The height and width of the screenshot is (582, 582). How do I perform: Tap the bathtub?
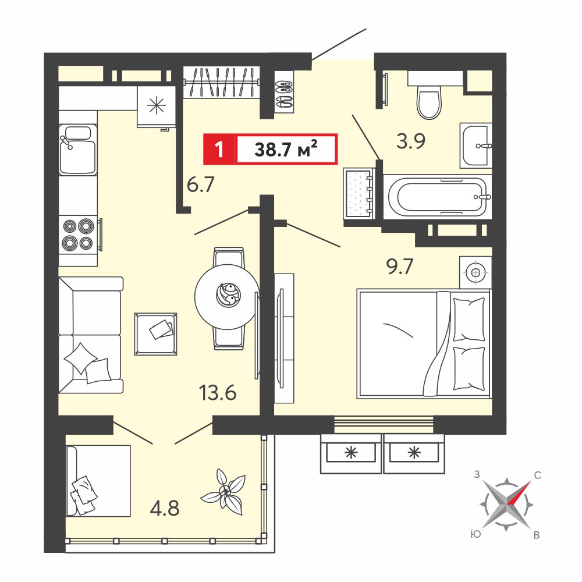tap(438, 196)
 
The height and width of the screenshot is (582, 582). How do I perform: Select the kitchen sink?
tap(78, 149)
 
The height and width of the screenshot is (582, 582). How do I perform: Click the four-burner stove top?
tap(79, 234)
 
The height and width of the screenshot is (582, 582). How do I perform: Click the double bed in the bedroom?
tap(424, 344)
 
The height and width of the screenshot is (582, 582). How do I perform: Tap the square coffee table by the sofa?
tap(155, 333)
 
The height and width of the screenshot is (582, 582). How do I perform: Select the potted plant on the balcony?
tap(223, 491)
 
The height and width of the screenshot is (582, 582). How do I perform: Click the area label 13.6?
tap(218, 392)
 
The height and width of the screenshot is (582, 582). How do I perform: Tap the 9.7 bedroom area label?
tap(400, 267)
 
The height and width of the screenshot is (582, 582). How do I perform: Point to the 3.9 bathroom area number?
tap(410, 141)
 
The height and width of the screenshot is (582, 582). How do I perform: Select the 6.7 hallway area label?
tap(200, 184)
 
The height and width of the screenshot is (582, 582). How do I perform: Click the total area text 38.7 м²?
tap(286, 149)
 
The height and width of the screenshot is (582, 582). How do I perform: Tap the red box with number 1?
tap(219, 149)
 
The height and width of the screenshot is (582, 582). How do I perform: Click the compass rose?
tap(507, 505)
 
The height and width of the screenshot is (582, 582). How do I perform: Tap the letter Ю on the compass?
tap(475, 534)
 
